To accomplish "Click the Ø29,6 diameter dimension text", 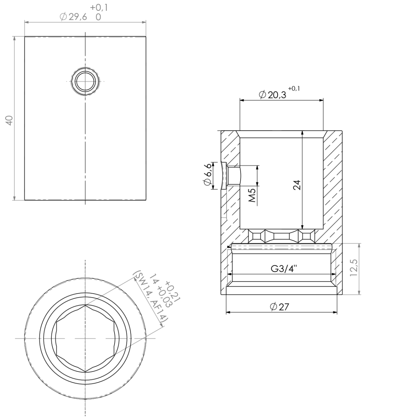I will [73, 17].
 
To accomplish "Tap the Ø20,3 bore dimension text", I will [273, 95].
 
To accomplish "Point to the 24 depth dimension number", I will [297, 185].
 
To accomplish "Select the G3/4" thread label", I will [284, 269].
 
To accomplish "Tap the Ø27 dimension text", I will [280, 307].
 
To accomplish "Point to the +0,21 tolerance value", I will [172, 290].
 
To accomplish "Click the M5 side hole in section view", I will [234, 176].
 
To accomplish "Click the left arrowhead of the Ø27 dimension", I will [228, 312].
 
